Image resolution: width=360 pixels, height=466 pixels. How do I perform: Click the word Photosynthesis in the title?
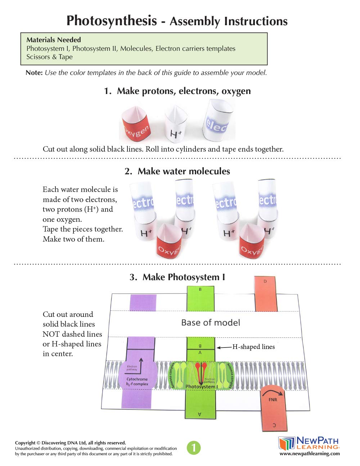tap(112, 21)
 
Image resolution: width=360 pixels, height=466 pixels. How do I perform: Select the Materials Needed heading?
tap(54, 40)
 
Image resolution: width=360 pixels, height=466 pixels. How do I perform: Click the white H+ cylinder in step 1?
tap(176, 125)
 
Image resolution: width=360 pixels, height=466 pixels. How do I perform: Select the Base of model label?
tap(211, 323)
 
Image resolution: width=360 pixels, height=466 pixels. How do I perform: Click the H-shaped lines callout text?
tap(253, 347)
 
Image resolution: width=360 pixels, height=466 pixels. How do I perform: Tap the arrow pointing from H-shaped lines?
tap(224, 348)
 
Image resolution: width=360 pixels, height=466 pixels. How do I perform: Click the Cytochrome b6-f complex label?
tap(137, 382)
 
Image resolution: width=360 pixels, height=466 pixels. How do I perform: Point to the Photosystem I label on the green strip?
tap(202, 387)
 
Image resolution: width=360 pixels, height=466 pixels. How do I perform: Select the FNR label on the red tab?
tap(273, 400)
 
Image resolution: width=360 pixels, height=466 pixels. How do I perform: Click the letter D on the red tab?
tap(265, 281)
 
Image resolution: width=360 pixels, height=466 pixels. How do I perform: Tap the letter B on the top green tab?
tap(201, 290)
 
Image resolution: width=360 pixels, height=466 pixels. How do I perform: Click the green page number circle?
tap(194, 448)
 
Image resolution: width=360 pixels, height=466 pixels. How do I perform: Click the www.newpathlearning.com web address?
tap(310, 454)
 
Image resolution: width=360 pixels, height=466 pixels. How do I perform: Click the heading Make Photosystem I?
tap(177, 277)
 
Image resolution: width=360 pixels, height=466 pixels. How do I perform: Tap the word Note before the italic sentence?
tap(34, 73)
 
